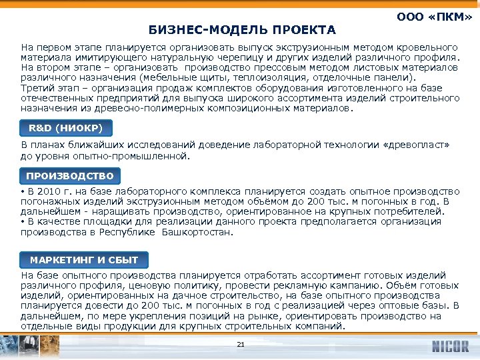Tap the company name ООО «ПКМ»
point(434,17)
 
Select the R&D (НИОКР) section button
point(66,127)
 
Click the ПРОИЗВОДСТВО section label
point(70,176)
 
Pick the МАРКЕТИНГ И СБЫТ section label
point(84,260)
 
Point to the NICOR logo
point(451,347)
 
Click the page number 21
point(241,344)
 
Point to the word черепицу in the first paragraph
point(229,58)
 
